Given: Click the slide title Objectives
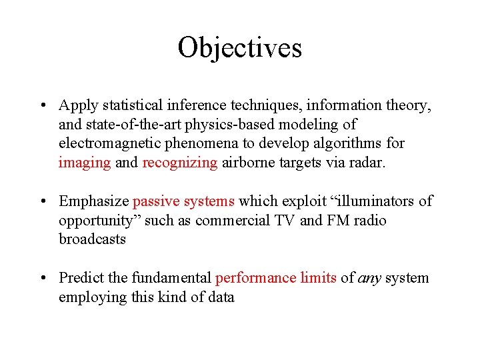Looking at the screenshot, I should [x=239, y=47].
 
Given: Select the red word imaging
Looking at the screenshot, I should [x=85, y=163].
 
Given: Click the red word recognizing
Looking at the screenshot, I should [x=180, y=163].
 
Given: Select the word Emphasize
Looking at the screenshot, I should [x=94, y=201].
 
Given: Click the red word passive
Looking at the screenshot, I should [x=156, y=201].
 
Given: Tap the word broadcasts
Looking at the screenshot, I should [x=92, y=239].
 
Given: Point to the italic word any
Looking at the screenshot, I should [x=369, y=278].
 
